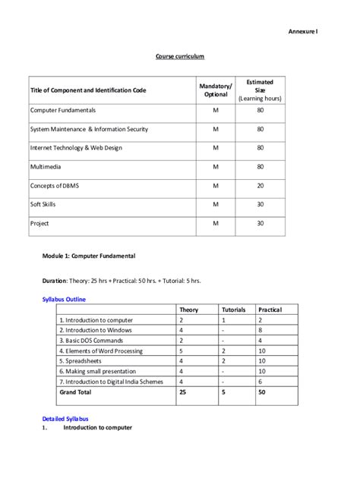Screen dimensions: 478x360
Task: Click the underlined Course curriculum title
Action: [x=180, y=57]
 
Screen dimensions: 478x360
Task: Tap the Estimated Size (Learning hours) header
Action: [x=260, y=90]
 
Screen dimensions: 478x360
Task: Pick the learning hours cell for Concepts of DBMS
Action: [x=260, y=186]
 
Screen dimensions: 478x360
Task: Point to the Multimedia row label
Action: [x=46, y=167]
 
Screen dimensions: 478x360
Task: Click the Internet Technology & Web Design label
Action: [x=76, y=148]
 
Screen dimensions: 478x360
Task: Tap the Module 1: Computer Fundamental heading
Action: [x=88, y=256]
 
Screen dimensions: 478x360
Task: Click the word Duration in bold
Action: [x=54, y=281]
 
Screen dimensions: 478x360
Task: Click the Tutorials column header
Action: [x=234, y=310]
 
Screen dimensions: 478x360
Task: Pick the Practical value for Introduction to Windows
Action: [x=261, y=331]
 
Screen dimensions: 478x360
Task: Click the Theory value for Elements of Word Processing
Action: [x=181, y=351]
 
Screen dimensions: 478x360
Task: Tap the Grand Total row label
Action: [x=75, y=393]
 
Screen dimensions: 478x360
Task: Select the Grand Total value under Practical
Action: [x=262, y=393]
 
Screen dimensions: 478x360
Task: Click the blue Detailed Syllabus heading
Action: [x=65, y=418]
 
